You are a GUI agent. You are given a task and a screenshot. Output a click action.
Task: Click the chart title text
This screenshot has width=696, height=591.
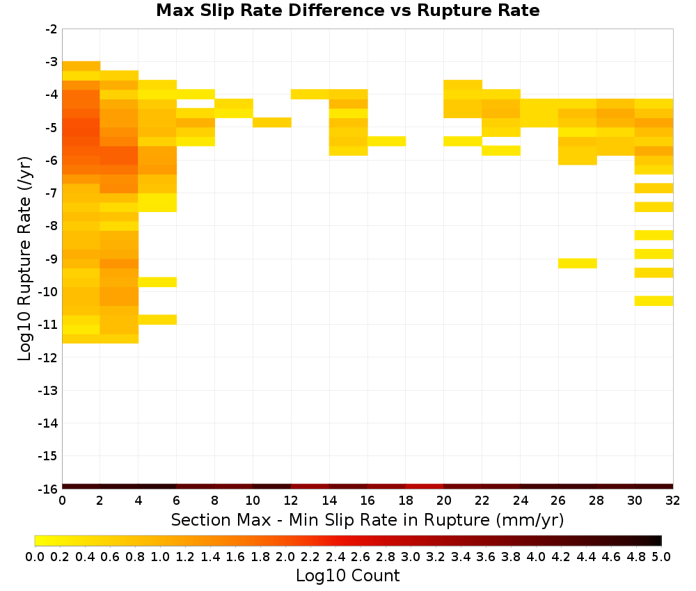click(x=347, y=10)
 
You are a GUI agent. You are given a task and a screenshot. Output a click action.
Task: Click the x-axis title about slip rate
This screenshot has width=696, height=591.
click(x=367, y=519)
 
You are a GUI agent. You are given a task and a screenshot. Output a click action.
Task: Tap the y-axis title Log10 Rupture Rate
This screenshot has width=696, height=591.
click(x=25, y=259)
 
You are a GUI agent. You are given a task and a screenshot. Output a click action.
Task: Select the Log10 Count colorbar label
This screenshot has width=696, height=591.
click(x=347, y=576)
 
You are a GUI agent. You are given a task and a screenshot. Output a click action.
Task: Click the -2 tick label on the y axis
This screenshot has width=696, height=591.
click(x=51, y=29)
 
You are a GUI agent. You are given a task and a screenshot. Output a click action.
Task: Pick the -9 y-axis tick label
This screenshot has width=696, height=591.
click(x=51, y=259)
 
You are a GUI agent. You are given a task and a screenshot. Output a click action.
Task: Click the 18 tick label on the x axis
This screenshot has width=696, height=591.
click(x=406, y=501)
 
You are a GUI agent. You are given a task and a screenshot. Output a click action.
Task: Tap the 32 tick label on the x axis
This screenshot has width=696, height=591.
click(x=673, y=501)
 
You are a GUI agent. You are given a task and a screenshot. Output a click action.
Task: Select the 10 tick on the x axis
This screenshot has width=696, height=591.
click(x=253, y=501)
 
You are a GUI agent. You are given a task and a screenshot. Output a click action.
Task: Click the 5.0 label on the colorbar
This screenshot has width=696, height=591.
click(x=661, y=556)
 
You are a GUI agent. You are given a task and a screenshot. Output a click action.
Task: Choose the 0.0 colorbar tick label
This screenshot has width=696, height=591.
click(x=35, y=556)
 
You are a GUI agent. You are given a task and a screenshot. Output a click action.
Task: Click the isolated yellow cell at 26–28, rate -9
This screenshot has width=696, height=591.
click(x=577, y=264)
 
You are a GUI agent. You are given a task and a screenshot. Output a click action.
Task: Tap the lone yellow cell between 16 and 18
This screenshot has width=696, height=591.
click(x=386, y=141)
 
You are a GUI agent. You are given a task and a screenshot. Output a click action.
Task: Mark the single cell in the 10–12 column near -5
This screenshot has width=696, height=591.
click(x=272, y=122)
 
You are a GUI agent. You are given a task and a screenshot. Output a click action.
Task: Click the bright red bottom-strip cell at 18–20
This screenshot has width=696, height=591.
click(x=425, y=487)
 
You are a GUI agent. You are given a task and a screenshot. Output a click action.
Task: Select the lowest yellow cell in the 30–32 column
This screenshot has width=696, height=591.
click(x=654, y=300)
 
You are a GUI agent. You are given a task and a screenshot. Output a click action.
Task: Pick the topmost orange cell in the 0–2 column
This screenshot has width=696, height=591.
click(x=81, y=66)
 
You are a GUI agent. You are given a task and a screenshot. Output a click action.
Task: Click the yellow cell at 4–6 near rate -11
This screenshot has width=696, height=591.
click(x=157, y=320)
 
